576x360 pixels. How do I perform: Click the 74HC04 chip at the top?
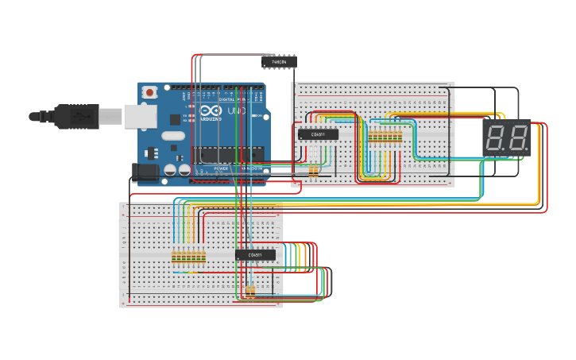click(x=279, y=61)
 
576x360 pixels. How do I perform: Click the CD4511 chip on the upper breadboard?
click(x=318, y=134)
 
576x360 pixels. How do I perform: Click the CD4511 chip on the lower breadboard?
click(x=255, y=255)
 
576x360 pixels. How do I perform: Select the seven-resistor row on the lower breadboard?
click(x=189, y=256)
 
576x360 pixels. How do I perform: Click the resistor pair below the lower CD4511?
click(x=250, y=292)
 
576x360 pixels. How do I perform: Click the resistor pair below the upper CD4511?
click(x=314, y=171)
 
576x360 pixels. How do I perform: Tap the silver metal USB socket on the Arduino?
click(x=137, y=117)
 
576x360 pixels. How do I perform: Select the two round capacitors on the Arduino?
click(x=177, y=169)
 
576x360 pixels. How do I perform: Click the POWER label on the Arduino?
click(x=222, y=168)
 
